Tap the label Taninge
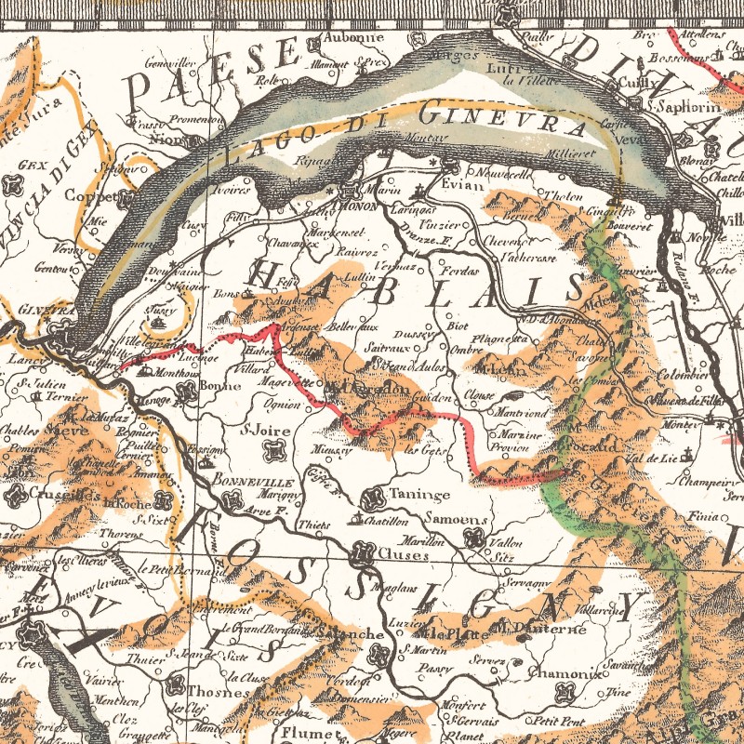point(419,495)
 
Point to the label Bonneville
point(252,484)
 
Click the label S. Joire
point(260,431)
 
